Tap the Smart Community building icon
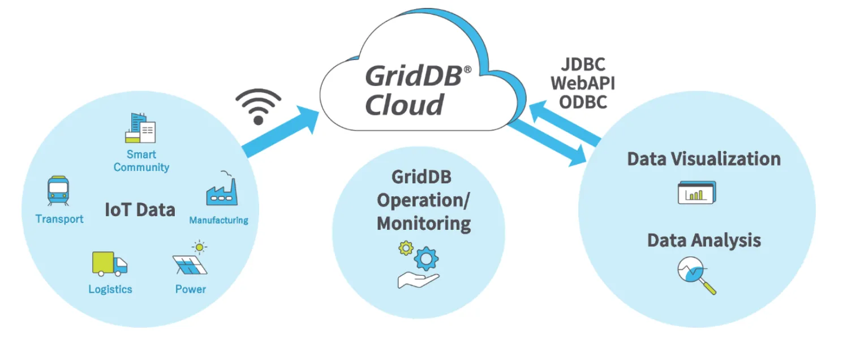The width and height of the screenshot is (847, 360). (140, 127)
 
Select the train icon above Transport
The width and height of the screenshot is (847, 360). (58, 191)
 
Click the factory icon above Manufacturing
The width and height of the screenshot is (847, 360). (221, 190)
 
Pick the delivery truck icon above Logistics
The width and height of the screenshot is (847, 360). (109, 264)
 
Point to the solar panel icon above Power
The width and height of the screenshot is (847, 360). (191, 260)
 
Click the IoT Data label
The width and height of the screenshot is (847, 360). (140, 210)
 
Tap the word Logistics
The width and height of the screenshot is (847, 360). (110, 289)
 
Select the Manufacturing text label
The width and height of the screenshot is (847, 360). (218, 220)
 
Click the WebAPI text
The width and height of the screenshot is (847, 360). (583, 84)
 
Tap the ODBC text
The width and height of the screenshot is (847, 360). (583, 102)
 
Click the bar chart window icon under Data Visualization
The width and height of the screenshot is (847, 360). (696, 192)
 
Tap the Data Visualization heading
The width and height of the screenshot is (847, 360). (703, 158)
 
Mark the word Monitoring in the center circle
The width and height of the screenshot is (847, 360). (424, 223)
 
